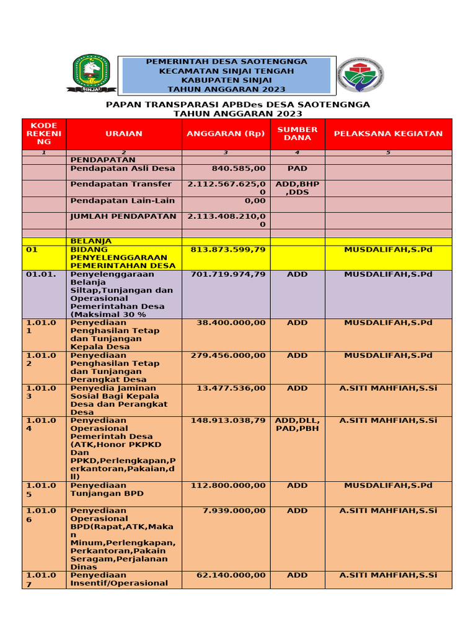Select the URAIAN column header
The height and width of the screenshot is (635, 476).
pyautogui.click(x=124, y=133)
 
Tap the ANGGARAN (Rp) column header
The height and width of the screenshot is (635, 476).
pyautogui.click(x=226, y=133)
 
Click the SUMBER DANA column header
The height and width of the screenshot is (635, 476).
pyautogui.click(x=297, y=133)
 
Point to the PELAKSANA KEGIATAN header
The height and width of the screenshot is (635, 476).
pyautogui.click(x=389, y=133)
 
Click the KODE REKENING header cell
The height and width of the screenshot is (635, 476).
pyautogui.click(x=44, y=133)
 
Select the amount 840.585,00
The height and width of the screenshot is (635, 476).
pyautogui.click(x=239, y=168)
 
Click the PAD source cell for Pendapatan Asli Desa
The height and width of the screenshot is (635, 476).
pyautogui.click(x=297, y=168)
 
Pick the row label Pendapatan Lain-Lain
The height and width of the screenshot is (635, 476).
pyautogui.click(x=123, y=201)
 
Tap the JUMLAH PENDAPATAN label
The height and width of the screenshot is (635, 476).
pyautogui.click(x=123, y=216)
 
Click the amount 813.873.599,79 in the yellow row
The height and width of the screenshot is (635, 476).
pyautogui.click(x=229, y=249)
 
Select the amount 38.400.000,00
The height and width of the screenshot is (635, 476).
pyautogui.click(x=231, y=322)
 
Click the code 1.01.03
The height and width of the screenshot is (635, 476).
pyautogui.click(x=42, y=391)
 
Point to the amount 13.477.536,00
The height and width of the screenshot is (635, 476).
pyautogui.click(x=231, y=388)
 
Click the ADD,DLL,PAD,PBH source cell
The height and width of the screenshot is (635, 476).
pyautogui.click(x=297, y=424)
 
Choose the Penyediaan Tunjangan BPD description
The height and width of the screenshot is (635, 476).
pyautogui.click(x=107, y=489)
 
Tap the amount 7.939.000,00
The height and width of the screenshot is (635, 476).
pyautogui.click(x=234, y=510)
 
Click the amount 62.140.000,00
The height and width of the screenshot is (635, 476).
pyautogui.click(x=231, y=575)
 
